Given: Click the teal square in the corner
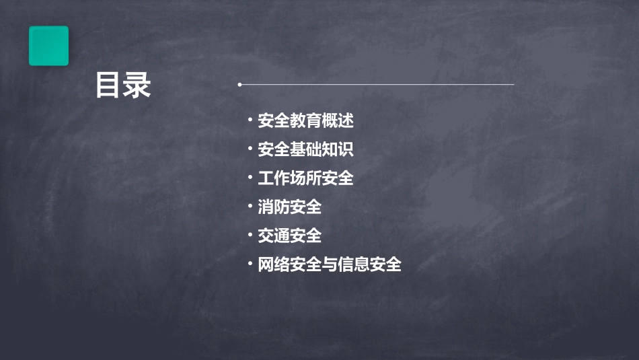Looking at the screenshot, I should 48,46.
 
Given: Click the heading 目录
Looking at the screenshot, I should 123,85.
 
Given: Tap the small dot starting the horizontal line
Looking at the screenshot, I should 239,85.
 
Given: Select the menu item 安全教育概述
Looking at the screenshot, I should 305,121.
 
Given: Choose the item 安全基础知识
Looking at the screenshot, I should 305,149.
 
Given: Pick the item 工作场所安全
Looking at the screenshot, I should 305,178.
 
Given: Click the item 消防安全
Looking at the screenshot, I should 289,207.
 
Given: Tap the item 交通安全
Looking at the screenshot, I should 289,236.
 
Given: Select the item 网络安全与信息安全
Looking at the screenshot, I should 330,264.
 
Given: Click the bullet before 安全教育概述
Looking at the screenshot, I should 250,120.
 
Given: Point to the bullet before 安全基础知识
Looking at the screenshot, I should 250,149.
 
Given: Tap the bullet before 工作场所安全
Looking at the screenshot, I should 250,178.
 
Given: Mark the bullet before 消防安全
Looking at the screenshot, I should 250,207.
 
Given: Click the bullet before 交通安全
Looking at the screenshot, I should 250,235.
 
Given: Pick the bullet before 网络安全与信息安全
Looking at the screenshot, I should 250,264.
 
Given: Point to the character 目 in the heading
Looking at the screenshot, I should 108,85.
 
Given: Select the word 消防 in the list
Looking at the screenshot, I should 274,207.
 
